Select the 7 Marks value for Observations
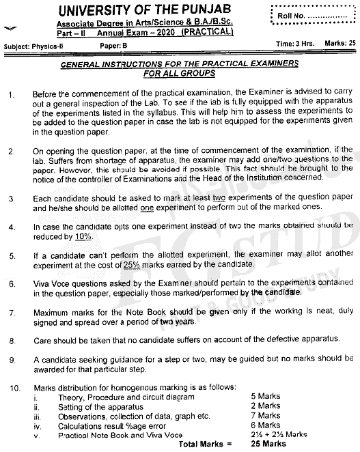coord(264,415)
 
